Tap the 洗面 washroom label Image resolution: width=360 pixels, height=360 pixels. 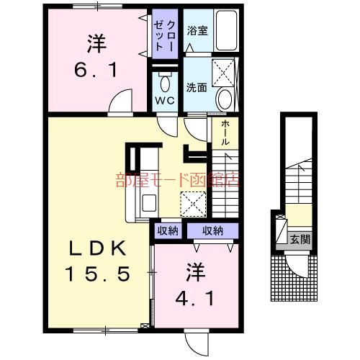197,88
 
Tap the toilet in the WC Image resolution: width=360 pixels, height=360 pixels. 165,78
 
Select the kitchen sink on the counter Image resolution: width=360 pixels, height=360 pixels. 149,202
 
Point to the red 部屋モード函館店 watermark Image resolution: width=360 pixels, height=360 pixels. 176,181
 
